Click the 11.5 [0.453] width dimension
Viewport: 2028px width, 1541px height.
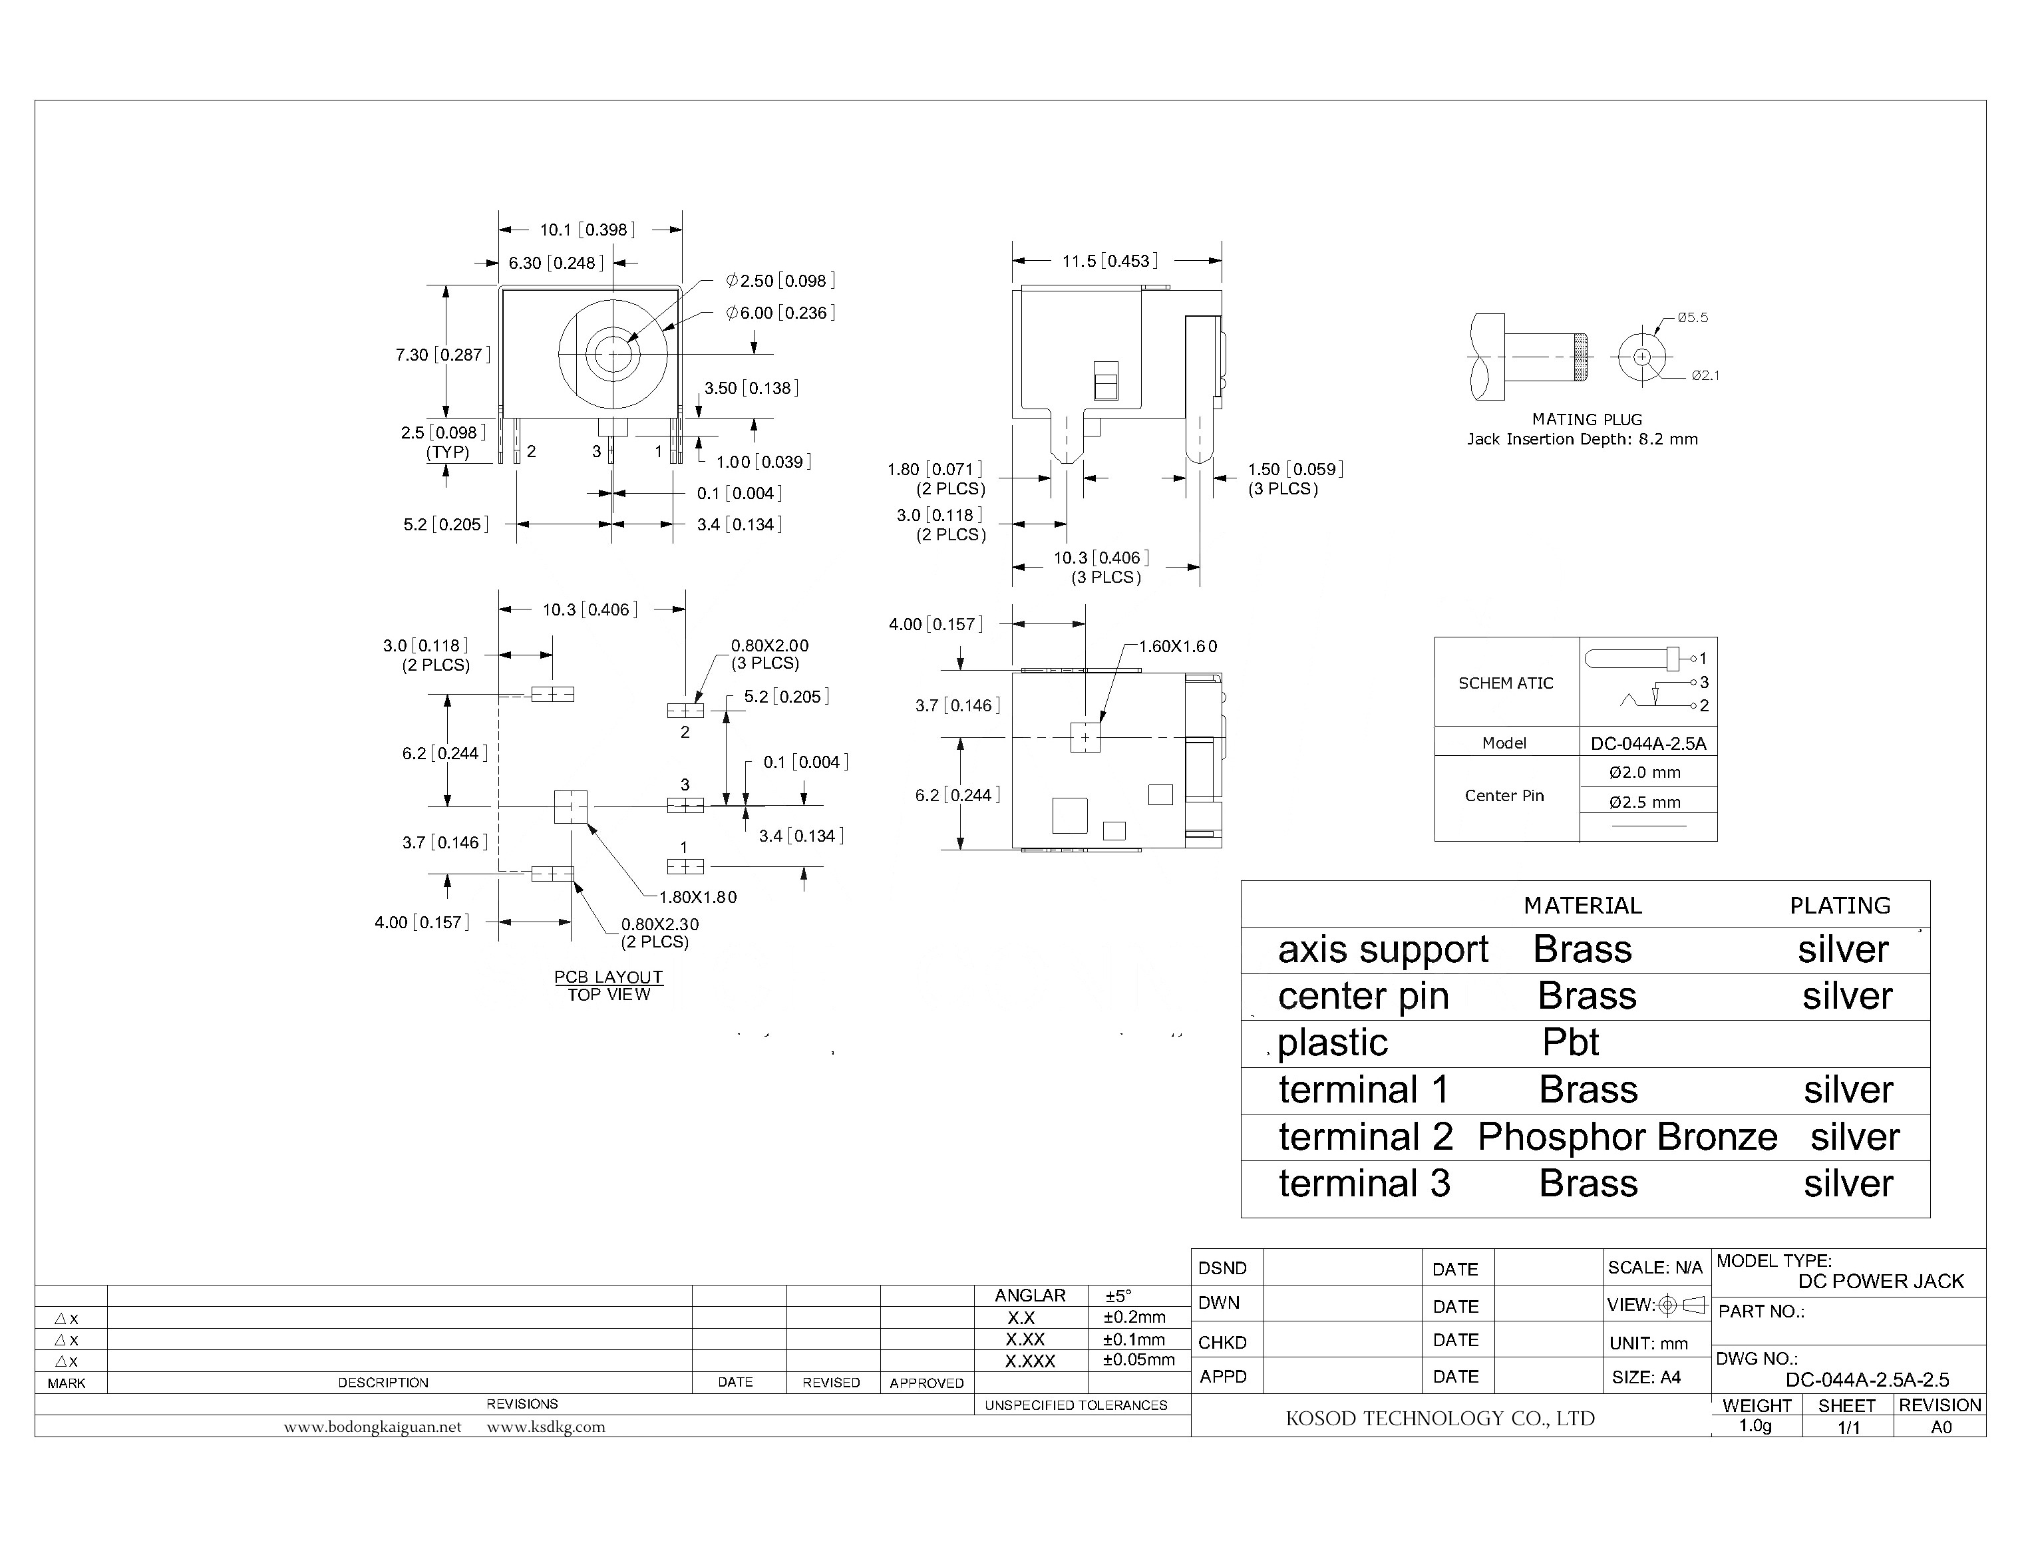coord(1110,261)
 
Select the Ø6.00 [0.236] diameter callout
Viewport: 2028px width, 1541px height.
coord(780,313)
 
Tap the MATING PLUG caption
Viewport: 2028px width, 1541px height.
coord(1587,419)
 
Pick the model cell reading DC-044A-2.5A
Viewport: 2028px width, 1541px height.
coord(1648,744)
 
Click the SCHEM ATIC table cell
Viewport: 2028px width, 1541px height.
coord(1505,683)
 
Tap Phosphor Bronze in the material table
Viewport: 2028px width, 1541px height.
coord(1627,1137)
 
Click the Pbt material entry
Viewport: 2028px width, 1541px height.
coord(1570,1043)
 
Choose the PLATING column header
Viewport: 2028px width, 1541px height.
coord(1840,906)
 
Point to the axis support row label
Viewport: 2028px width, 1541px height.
coord(1382,950)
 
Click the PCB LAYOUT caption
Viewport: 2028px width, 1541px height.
coord(608,978)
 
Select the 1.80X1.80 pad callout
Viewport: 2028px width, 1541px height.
coord(697,897)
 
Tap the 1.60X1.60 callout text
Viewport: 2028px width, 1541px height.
coord(1178,647)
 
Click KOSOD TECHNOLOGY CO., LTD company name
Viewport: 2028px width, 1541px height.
coord(1440,1419)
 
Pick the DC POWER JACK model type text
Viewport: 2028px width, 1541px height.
coord(1880,1282)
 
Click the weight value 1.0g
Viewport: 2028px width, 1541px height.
coord(1756,1427)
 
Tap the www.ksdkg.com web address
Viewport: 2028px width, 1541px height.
coord(546,1427)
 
